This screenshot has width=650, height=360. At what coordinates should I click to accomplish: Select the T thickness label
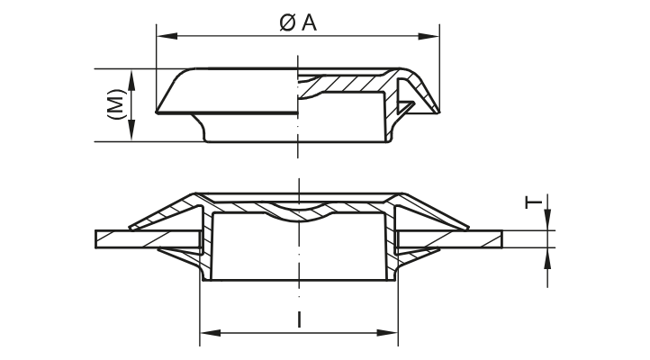tap(534, 204)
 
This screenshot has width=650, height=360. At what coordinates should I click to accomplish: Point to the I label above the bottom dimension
tap(298, 318)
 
